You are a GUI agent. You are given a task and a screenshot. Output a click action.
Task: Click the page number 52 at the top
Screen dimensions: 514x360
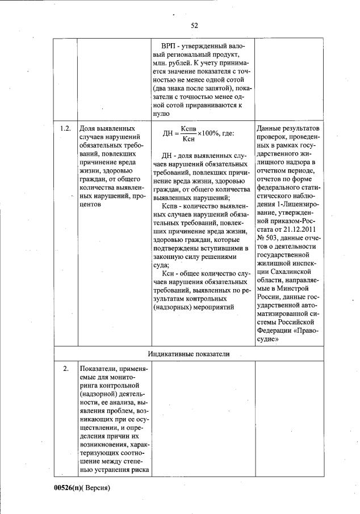pyautogui.click(x=194, y=25)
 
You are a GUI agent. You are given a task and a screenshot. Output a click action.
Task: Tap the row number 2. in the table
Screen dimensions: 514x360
pyautogui.click(x=66, y=369)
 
